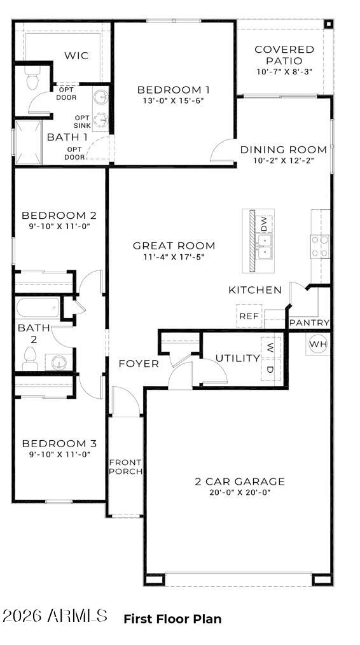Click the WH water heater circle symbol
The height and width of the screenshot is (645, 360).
click(x=318, y=344)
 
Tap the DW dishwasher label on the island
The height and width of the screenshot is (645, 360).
click(x=264, y=223)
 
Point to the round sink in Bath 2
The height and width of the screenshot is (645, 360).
click(x=59, y=363)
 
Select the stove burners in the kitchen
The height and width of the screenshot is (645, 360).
click(x=320, y=246)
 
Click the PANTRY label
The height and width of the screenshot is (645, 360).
click(x=309, y=323)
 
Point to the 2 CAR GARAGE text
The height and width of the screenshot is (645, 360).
click(x=239, y=482)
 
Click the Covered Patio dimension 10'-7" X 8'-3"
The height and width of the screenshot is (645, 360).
click(x=284, y=73)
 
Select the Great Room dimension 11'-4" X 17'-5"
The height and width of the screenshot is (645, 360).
click(x=174, y=257)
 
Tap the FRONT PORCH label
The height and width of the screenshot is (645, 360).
click(x=125, y=467)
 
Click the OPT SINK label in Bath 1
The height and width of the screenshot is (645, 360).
click(x=82, y=121)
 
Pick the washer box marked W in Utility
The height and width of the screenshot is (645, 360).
click(x=270, y=348)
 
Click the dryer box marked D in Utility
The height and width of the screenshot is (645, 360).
click(x=270, y=370)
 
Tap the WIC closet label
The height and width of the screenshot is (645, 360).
click(x=76, y=55)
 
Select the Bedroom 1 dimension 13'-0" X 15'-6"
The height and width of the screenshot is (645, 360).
click(x=174, y=101)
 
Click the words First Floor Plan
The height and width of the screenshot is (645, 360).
click(x=172, y=619)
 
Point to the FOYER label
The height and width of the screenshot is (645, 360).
click(x=139, y=364)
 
